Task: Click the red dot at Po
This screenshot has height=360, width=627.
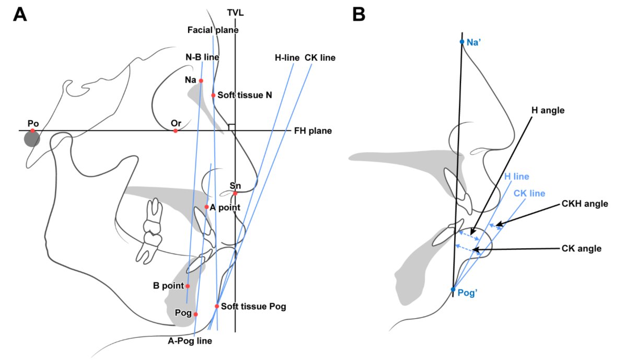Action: click(32, 131)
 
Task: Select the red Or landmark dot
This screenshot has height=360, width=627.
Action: click(176, 131)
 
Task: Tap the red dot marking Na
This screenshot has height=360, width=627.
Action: click(201, 80)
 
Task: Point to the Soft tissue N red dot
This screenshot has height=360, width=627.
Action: click(213, 95)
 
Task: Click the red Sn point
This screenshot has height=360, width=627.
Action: click(235, 193)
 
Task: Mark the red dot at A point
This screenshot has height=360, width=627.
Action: click(207, 207)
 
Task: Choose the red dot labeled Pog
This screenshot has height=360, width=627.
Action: click(196, 314)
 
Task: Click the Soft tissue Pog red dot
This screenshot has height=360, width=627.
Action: click(217, 306)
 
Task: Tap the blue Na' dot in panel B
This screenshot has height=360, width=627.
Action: click(461, 42)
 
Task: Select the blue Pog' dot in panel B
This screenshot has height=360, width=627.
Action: click(453, 289)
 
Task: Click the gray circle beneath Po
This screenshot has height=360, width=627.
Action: click(32, 139)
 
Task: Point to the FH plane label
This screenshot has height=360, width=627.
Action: click(313, 131)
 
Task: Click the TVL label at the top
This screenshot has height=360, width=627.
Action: click(236, 13)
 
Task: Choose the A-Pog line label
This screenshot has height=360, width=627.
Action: click(190, 341)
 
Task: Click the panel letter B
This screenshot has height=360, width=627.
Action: click(359, 15)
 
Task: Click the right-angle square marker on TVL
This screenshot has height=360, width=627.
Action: click(231, 127)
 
